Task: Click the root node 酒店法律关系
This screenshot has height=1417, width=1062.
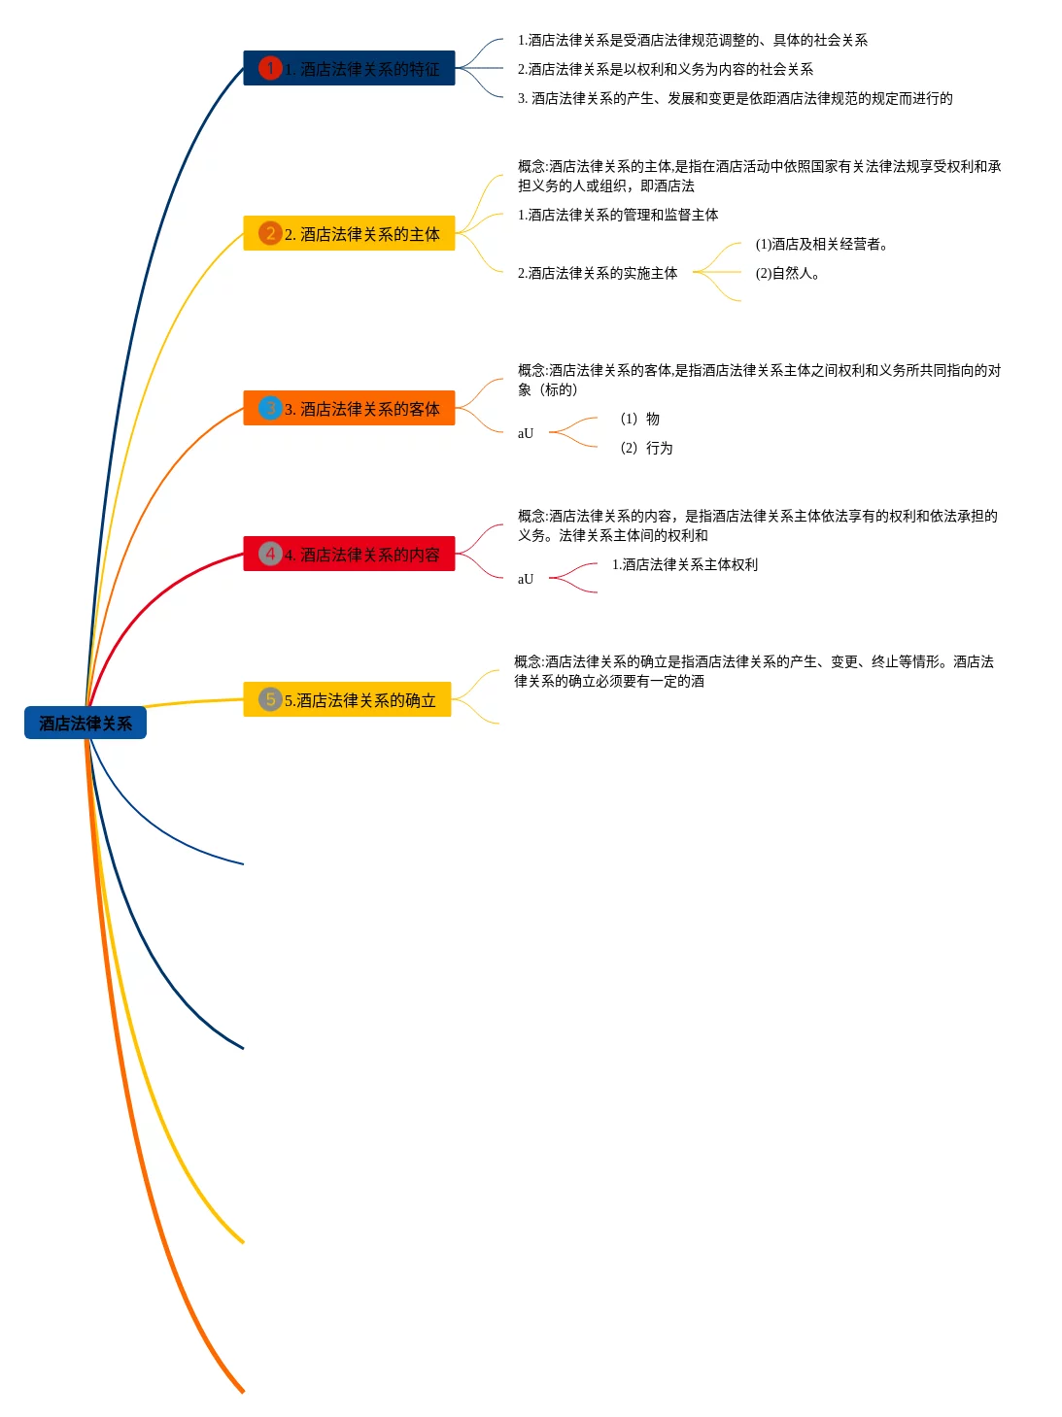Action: coord(86,724)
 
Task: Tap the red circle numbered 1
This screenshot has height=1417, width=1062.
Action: coord(270,68)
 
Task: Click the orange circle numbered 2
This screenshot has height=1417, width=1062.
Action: coord(270,233)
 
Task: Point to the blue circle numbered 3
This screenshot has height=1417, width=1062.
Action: coord(270,408)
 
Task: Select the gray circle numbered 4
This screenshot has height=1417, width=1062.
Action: coord(270,554)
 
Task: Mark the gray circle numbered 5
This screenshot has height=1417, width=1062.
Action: coord(270,699)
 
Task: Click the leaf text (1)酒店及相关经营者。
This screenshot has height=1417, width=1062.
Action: coord(821,245)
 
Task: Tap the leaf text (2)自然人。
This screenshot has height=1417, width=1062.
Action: coord(787,274)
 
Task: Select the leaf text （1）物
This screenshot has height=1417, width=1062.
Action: coord(639,420)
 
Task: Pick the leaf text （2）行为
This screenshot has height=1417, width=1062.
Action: coord(646,449)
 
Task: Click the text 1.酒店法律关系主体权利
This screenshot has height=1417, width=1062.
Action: coord(684,565)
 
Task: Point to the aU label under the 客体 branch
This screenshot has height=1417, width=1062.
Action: coord(526,434)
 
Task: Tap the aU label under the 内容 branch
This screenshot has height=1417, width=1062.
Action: coord(526,580)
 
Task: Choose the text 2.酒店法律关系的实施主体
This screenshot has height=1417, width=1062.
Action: coord(598,274)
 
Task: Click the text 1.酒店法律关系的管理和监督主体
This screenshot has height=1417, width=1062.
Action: coord(618,216)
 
